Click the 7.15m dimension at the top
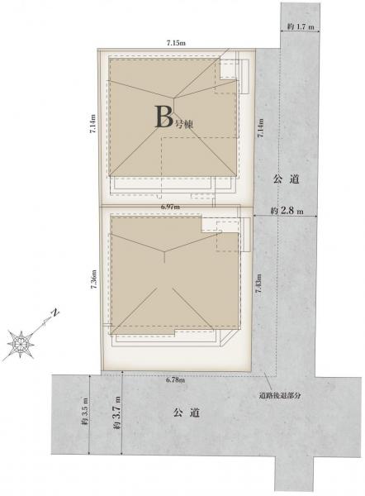tap(176, 43)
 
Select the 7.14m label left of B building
tap(93, 125)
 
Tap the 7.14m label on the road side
tap(260, 128)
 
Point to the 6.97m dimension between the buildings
tap(170, 207)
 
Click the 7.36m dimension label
tap(93, 279)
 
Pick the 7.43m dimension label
tap(259, 284)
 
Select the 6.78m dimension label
tap(175, 380)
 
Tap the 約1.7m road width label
tap(301, 27)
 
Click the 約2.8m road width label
tap(287, 210)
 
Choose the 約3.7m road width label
tap(116, 413)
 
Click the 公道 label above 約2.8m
tap(286, 179)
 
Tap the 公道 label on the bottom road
tap(187, 413)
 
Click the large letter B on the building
tap(164, 117)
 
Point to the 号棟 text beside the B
tap(183, 124)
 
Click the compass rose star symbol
tap(21, 343)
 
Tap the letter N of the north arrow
tap(55, 312)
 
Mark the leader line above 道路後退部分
tap(268, 382)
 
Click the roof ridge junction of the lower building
tap(164, 252)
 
